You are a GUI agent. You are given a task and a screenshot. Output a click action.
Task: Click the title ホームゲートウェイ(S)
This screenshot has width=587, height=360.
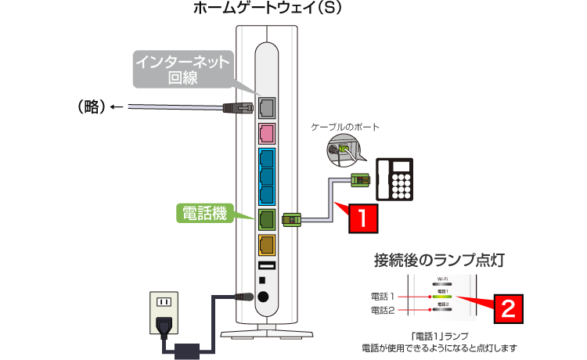pyautogui.click(x=267, y=9)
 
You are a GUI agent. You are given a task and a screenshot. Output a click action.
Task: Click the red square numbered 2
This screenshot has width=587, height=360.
pyautogui.click(x=507, y=308)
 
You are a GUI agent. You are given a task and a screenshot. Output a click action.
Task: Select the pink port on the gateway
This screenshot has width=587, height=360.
pyautogui.click(x=266, y=134)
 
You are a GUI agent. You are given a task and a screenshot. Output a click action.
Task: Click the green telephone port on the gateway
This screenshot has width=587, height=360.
pyautogui.click(x=266, y=218)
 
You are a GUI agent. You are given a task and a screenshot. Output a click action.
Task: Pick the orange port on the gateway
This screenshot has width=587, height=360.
pyautogui.click(x=266, y=246)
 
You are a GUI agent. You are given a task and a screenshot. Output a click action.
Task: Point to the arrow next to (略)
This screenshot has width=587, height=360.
pyautogui.click(x=117, y=108)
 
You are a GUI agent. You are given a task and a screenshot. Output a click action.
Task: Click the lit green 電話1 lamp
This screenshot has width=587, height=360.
pyautogui.click(x=442, y=297)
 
